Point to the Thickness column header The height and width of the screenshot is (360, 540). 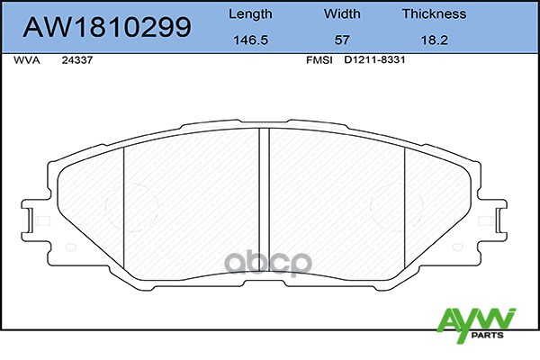[x=434, y=13]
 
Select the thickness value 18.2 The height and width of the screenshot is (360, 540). [x=434, y=40]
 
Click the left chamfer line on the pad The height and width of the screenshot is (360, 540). [x=123, y=211]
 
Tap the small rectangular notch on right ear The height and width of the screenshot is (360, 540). [x=494, y=219]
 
